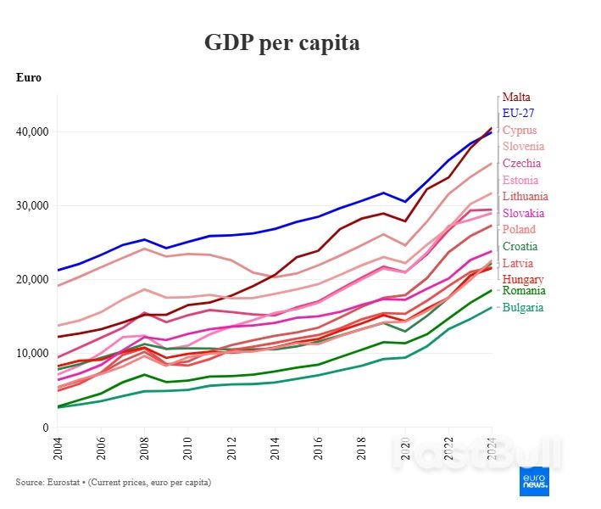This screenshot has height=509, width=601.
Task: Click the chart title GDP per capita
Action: [281, 42]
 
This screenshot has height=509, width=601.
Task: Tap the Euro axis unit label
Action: [29, 78]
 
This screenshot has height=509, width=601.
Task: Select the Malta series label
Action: [516, 98]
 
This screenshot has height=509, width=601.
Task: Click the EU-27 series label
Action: [518, 113]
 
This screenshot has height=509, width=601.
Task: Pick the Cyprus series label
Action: [519, 130]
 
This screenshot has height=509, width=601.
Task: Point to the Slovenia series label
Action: [523, 146]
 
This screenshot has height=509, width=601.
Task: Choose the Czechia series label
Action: [521, 163]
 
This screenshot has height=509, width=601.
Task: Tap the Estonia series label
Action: [520, 180]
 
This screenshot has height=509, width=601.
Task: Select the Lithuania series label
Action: [525, 196]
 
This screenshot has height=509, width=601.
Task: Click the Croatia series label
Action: [520, 246]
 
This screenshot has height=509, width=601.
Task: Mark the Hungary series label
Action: [523, 279]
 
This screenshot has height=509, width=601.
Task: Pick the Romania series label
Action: [524, 291]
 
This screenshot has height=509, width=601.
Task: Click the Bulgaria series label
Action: [523, 307]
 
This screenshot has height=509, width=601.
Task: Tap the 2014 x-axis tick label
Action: [275, 446]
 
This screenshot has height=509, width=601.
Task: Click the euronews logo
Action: [534, 481]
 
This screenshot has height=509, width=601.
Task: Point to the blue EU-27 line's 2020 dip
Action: [404, 202]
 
